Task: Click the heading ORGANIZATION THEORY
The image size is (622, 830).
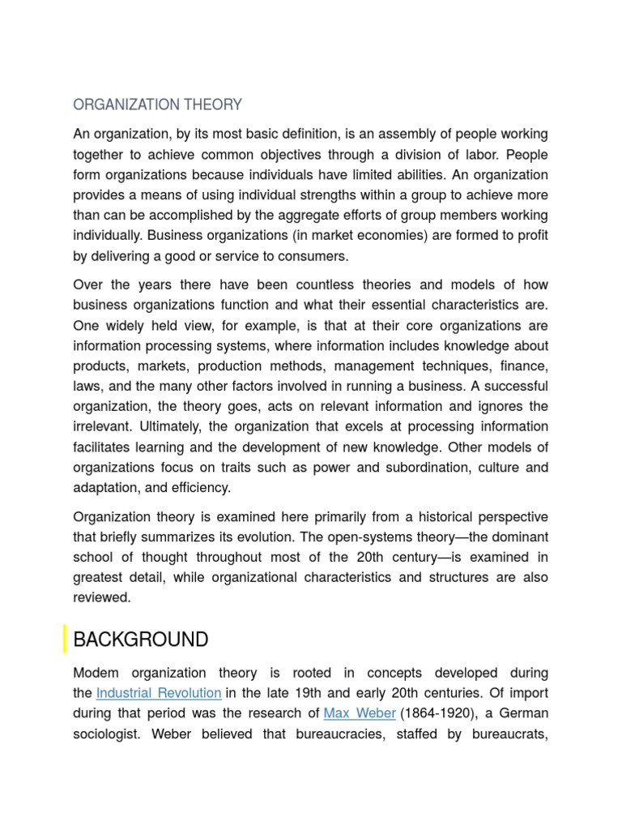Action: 157,105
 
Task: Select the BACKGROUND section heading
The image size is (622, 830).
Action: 140,640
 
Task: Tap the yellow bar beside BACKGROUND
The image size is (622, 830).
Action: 65,640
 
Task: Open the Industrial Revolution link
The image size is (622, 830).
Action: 159,693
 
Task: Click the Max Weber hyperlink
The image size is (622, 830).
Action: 360,713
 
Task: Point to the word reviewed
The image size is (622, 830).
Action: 101,597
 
